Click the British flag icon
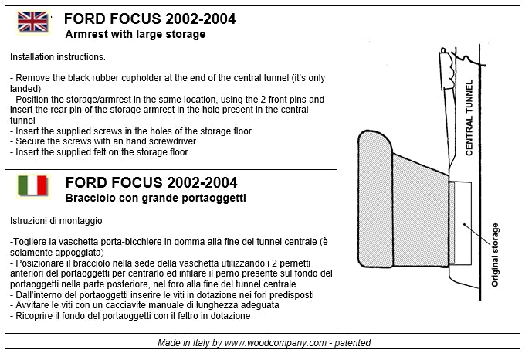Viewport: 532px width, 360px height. (32, 22)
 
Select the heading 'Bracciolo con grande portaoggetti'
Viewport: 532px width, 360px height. (155, 199)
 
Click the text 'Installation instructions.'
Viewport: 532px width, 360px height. (58, 58)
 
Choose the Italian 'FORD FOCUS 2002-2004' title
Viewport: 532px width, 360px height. (152, 183)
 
